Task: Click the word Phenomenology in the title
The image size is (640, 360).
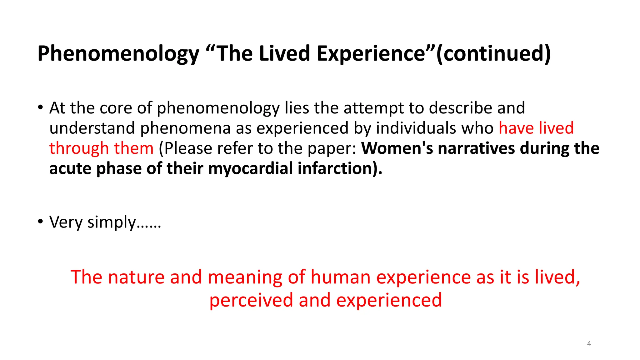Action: pyautogui.click(x=118, y=54)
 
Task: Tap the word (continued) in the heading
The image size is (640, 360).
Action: pyautogui.click(x=493, y=54)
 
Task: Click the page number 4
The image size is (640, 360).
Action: pyautogui.click(x=589, y=344)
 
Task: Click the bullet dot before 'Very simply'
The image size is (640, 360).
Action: pyautogui.click(x=40, y=222)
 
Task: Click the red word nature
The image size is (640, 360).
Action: pyautogui.click(x=136, y=277)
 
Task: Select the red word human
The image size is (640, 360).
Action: pyautogui.click(x=340, y=277)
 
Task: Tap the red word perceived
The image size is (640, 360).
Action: pyautogui.click(x=251, y=301)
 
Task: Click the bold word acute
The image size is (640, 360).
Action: pyautogui.click(x=70, y=169)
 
